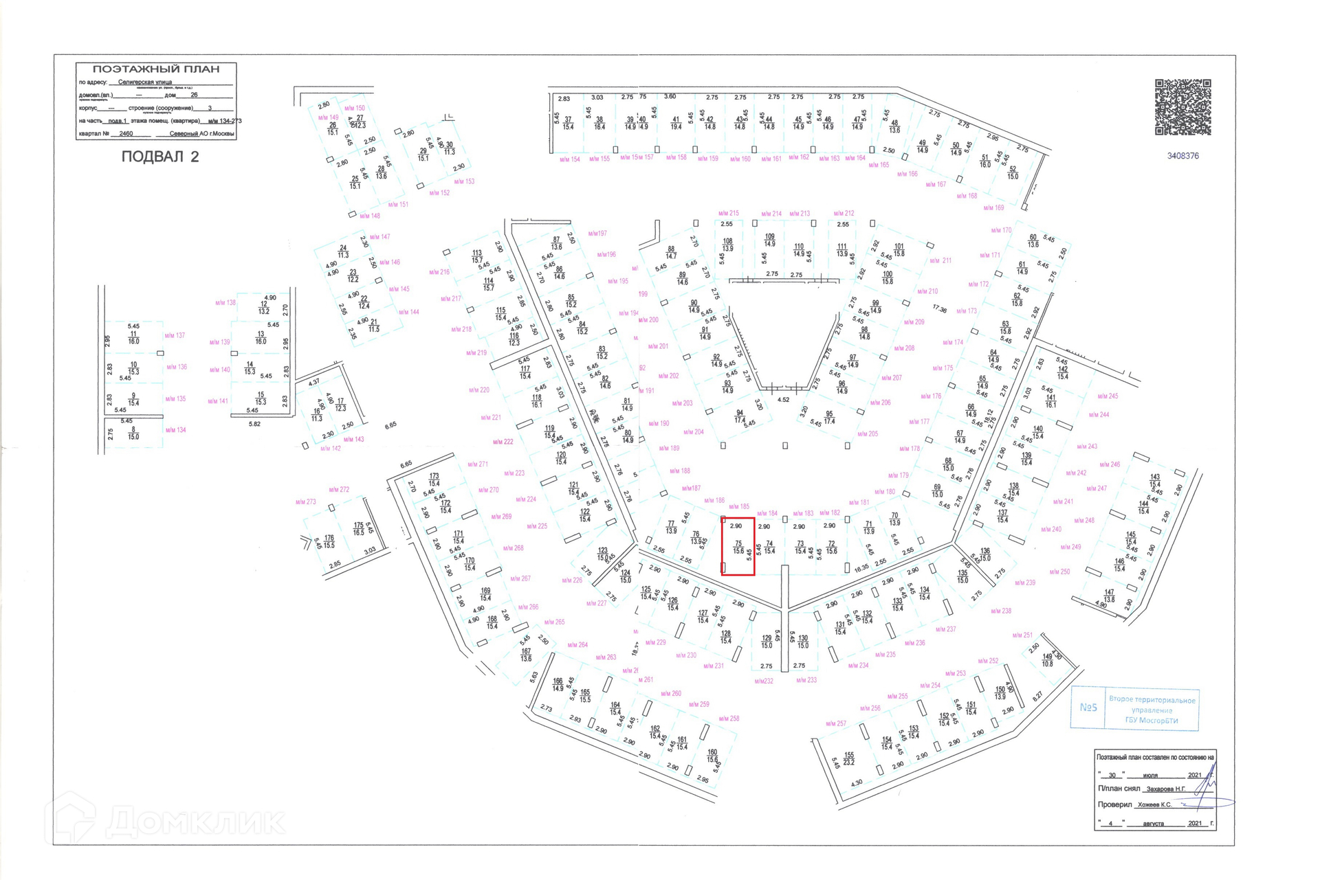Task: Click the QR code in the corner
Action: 1182,107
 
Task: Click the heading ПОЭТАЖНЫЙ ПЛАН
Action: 156,69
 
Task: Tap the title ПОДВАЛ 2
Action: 160,157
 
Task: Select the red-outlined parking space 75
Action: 738,546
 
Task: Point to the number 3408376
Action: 1182,156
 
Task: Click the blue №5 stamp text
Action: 1088,707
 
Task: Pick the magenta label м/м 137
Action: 175,336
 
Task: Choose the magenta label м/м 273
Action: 306,502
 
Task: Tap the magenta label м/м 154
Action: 570,159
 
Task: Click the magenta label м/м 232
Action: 764,681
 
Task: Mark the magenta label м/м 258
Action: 729,719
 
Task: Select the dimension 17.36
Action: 939,310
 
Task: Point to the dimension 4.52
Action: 783,400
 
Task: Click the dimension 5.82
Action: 254,425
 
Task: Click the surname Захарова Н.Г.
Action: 1165,789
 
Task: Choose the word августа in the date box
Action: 1153,824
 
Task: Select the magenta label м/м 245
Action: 1108,396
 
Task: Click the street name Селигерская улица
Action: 145,82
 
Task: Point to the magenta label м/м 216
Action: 439,273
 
